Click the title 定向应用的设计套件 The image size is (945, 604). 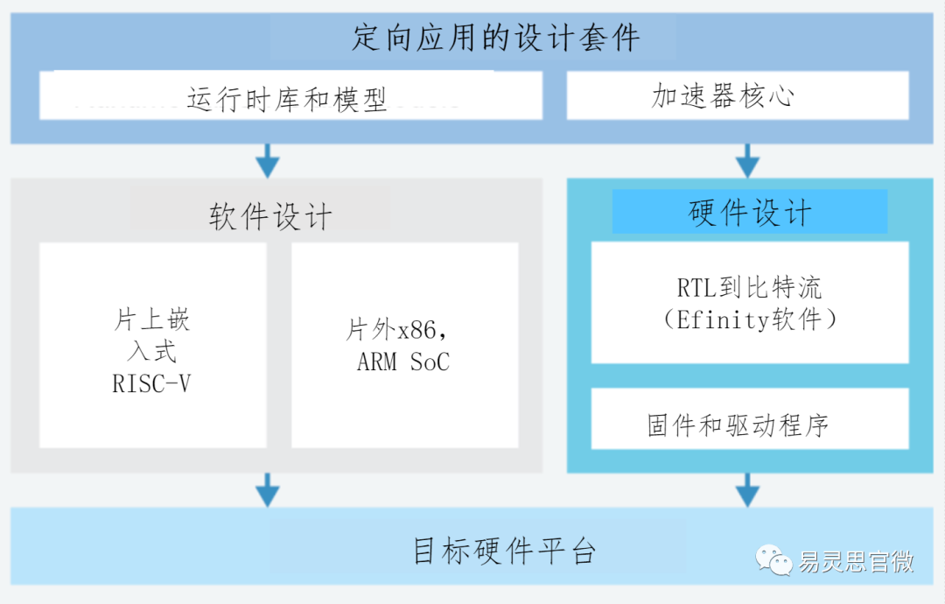coord(495,39)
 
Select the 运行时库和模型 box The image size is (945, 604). coord(290,96)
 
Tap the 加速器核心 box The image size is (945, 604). coord(737,95)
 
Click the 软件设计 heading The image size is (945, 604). coord(270,215)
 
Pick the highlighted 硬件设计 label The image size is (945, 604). coord(750,213)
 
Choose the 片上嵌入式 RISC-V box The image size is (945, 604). coord(152,345)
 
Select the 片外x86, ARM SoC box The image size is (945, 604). coord(404,345)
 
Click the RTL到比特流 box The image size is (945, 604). coord(750,303)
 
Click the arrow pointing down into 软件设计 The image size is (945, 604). coord(268,161)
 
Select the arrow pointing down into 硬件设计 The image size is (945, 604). coord(746,161)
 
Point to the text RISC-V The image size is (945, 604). coord(151,383)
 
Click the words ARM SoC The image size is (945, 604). coord(403,362)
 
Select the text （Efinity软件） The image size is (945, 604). coord(750,320)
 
